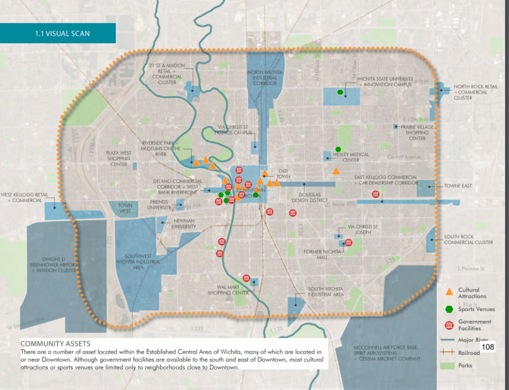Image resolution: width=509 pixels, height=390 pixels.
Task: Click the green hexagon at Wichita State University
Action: (x=340, y=92)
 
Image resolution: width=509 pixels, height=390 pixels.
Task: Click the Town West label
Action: (x=125, y=208)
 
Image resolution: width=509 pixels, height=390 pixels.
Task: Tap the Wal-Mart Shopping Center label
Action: (x=226, y=290)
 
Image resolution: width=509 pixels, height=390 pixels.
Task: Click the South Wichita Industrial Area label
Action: (x=326, y=292)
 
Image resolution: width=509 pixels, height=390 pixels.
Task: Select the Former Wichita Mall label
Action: (x=323, y=254)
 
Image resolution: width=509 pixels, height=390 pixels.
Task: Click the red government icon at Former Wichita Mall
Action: (x=348, y=243)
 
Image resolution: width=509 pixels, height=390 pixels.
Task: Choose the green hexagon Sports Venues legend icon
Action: (x=449, y=309)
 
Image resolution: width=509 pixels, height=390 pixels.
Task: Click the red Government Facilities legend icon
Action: (x=449, y=325)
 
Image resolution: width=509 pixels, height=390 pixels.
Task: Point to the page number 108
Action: (x=488, y=347)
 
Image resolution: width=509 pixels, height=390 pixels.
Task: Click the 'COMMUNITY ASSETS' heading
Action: (x=55, y=343)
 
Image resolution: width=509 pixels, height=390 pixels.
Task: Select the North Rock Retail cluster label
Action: (x=475, y=92)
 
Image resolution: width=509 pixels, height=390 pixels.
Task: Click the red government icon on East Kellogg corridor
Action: (x=382, y=194)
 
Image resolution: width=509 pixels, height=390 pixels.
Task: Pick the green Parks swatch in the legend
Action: (x=449, y=366)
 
